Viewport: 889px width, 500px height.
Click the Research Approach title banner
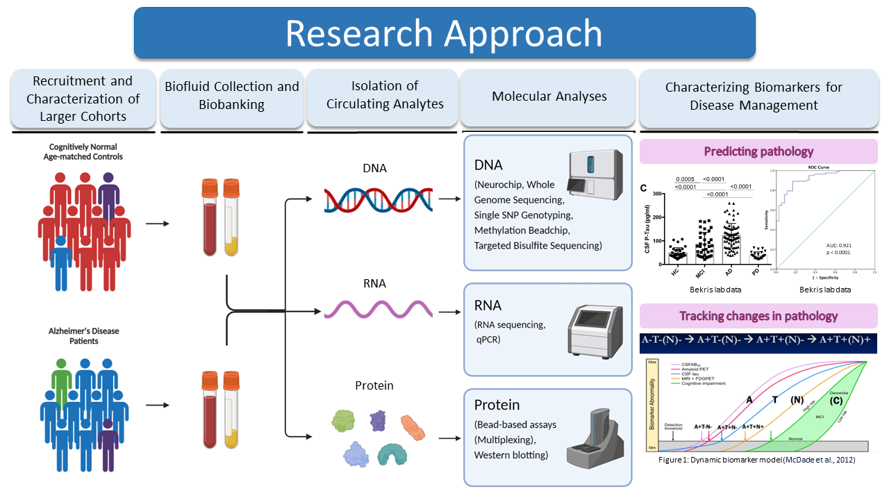point(444,33)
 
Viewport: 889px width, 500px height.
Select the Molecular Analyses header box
point(549,97)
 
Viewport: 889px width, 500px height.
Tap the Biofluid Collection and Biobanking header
point(232,96)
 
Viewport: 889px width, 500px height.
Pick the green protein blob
point(344,421)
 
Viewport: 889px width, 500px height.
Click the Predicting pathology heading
point(758,151)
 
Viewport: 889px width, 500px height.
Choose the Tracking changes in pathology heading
point(758,316)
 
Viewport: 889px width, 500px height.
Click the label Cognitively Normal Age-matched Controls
point(83,152)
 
